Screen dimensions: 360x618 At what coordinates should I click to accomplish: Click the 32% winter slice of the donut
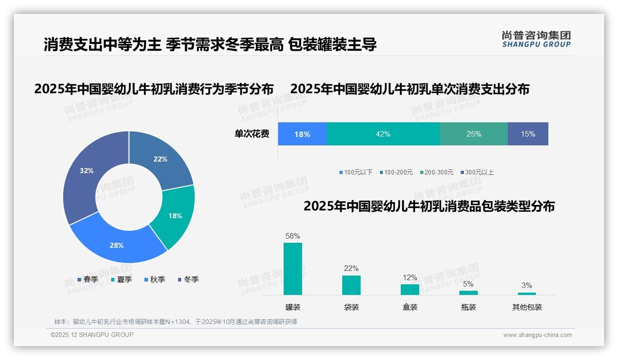tap(85, 175)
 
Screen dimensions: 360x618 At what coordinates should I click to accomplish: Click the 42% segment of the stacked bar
tap(383, 134)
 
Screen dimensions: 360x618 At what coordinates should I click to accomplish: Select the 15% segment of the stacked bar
tap(528, 134)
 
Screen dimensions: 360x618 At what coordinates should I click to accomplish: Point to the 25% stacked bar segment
tap(474, 134)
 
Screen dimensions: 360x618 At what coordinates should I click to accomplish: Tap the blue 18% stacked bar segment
tap(302, 134)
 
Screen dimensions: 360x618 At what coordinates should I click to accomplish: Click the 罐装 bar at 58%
tap(293, 269)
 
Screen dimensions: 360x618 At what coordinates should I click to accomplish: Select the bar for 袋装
tap(351, 285)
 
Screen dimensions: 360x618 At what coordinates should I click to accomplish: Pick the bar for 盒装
tap(410, 289)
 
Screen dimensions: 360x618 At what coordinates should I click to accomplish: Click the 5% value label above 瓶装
tap(468, 284)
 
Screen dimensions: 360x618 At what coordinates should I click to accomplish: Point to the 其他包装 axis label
tap(527, 307)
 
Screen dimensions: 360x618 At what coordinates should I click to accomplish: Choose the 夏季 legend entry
tap(122, 280)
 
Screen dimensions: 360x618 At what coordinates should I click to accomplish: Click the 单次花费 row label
tap(252, 134)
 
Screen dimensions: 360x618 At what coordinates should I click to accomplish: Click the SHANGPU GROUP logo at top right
tap(536, 39)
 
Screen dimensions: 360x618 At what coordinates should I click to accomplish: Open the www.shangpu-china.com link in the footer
tap(537, 335)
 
